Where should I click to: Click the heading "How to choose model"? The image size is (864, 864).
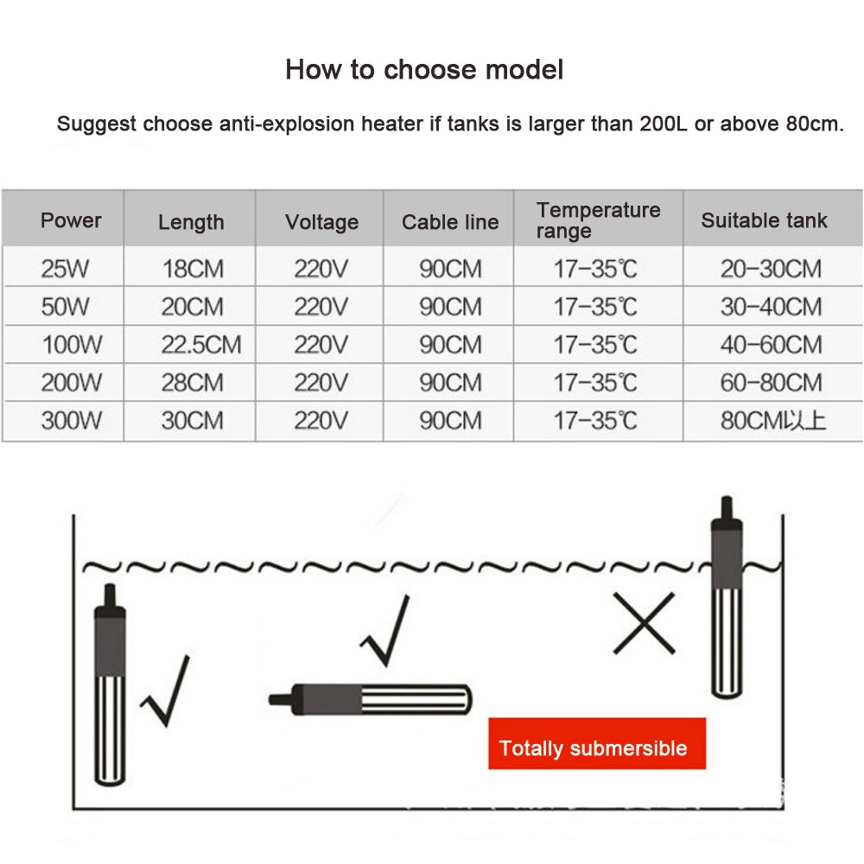[x=424, y=70]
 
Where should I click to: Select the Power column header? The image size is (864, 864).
[x=71, y=220]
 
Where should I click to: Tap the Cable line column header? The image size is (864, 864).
[x=450, y=222]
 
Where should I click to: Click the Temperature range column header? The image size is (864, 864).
[x=599, y=220]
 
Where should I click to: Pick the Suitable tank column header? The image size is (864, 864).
[x=765, y=220]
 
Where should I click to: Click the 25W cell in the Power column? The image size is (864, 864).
[x=65, y=269]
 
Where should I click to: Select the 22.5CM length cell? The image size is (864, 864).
[x=201, y=345]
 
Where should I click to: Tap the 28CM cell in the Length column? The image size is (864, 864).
[x=193, y=383]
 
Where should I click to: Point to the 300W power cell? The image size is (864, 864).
[x=71, y=421]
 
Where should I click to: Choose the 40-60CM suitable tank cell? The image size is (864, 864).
[x=771, y=345]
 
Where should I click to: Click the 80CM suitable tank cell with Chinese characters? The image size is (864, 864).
[x=773, y=421]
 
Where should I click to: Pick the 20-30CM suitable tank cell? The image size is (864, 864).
[x=771, y=269]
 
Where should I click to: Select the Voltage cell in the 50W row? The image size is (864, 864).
[x=321, y=307]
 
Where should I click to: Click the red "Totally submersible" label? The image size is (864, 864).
[x=597, y=743]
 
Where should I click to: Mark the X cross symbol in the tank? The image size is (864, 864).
[x=645, y=623]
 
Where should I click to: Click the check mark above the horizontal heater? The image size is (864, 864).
[x=385, y=631]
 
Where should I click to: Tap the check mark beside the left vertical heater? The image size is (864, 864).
[x=165, y=691]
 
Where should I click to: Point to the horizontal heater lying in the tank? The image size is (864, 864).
[x=371, y=700]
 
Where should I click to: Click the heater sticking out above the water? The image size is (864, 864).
[x=727, y=597]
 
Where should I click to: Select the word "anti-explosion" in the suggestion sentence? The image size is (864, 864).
[x=287, y=124]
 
